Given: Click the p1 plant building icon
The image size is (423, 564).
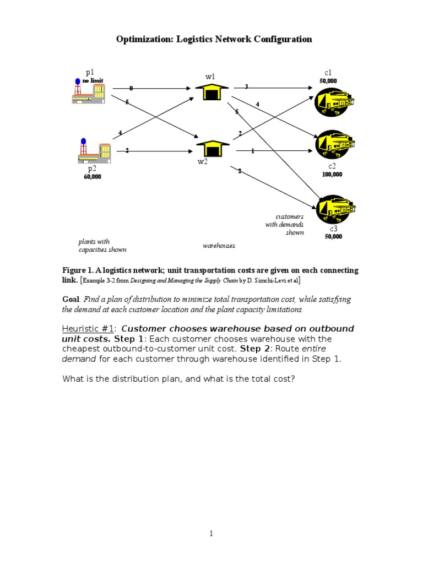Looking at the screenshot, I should (88, 92).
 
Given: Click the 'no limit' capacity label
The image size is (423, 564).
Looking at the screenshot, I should (93, 80).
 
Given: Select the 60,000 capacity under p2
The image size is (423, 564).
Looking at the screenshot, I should (93, 177).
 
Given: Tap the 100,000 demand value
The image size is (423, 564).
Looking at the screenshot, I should (332, 175).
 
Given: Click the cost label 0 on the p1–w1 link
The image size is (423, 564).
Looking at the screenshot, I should (131, 88).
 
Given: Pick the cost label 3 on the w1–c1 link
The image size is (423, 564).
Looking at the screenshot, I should (246, 86).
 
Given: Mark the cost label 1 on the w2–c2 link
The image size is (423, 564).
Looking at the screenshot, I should (252, 151).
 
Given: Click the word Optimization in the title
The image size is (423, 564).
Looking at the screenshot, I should (143, 39).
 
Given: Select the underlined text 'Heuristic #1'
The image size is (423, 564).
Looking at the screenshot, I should (86, 329).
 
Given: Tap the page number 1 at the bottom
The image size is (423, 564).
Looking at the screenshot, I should (211, 533).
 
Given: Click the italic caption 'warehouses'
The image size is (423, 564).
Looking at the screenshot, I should (219, 246).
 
